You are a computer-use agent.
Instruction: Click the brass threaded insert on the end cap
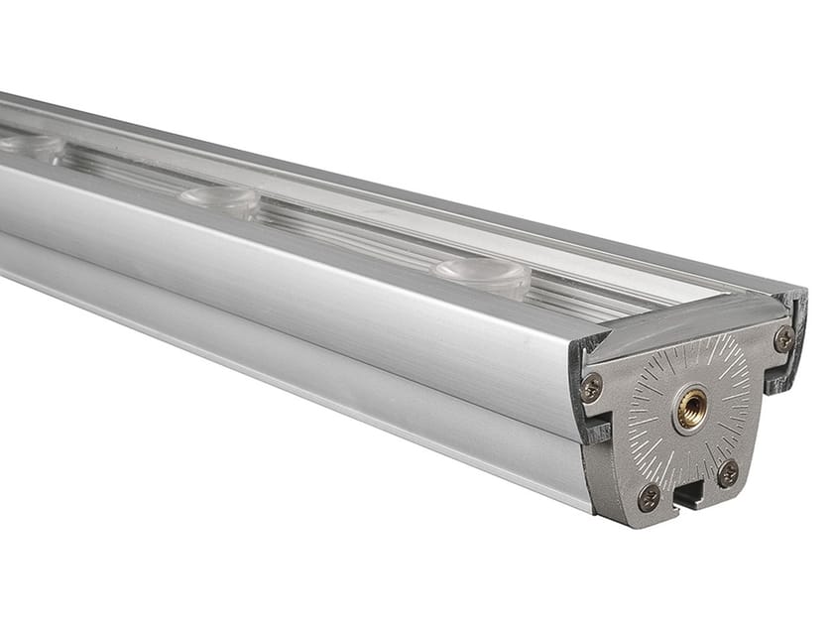[691, 407]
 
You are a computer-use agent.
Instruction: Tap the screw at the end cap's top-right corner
[782, 338]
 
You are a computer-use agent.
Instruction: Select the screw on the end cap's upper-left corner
[591, 387]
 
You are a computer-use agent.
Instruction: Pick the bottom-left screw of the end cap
[649, 496]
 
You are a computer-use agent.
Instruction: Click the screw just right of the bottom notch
[728, 473]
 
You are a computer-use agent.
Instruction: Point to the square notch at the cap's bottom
[689, 492]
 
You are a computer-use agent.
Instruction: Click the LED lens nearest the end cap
[483, 275]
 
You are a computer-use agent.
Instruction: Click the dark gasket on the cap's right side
[793, 357]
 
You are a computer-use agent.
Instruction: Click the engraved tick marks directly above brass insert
[688, 357]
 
